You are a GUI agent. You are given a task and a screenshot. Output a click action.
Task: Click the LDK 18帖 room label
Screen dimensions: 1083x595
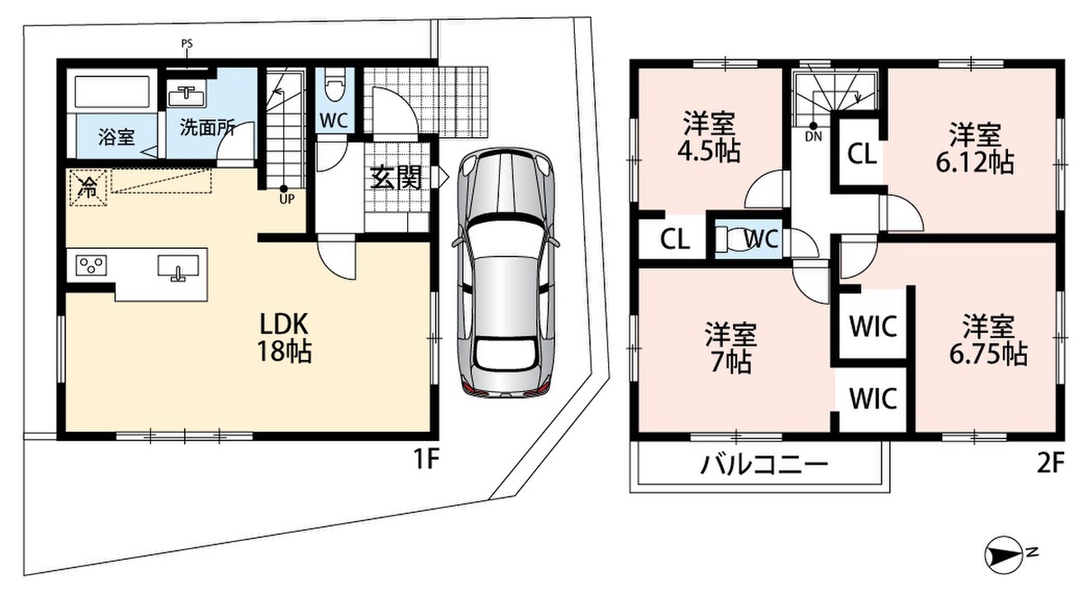click(x=284, y=337)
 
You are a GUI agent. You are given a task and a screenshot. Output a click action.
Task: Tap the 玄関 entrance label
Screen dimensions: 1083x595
click(x=396, y=178)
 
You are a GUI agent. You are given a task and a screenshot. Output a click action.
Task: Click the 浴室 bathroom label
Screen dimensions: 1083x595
click(x=116, y=137)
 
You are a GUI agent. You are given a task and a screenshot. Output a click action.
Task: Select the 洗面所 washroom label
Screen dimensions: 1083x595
click(x=208, y=127)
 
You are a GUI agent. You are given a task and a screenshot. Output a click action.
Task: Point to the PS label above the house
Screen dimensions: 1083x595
click(x=187, y=44)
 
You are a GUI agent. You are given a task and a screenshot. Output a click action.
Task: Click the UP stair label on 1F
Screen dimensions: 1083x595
click(x=287, y=199)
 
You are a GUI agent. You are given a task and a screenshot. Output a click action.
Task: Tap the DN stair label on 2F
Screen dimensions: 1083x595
click(x=813, y=137)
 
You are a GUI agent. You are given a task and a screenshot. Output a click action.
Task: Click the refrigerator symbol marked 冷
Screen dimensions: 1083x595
click(x=88, y=188)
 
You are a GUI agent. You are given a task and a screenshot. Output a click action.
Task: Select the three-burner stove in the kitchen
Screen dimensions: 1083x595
click(x=91, y=266)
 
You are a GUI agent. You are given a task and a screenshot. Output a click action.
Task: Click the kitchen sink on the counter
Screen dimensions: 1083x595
click(x=178, y=268)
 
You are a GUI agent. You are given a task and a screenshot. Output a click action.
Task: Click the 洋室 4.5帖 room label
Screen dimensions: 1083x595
click(x=708, y=137)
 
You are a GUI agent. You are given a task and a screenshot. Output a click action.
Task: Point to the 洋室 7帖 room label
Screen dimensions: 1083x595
click(x=730, y=348)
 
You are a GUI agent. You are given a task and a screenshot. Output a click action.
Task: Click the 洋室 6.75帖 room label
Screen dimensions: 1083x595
click(x=988, y=340)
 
